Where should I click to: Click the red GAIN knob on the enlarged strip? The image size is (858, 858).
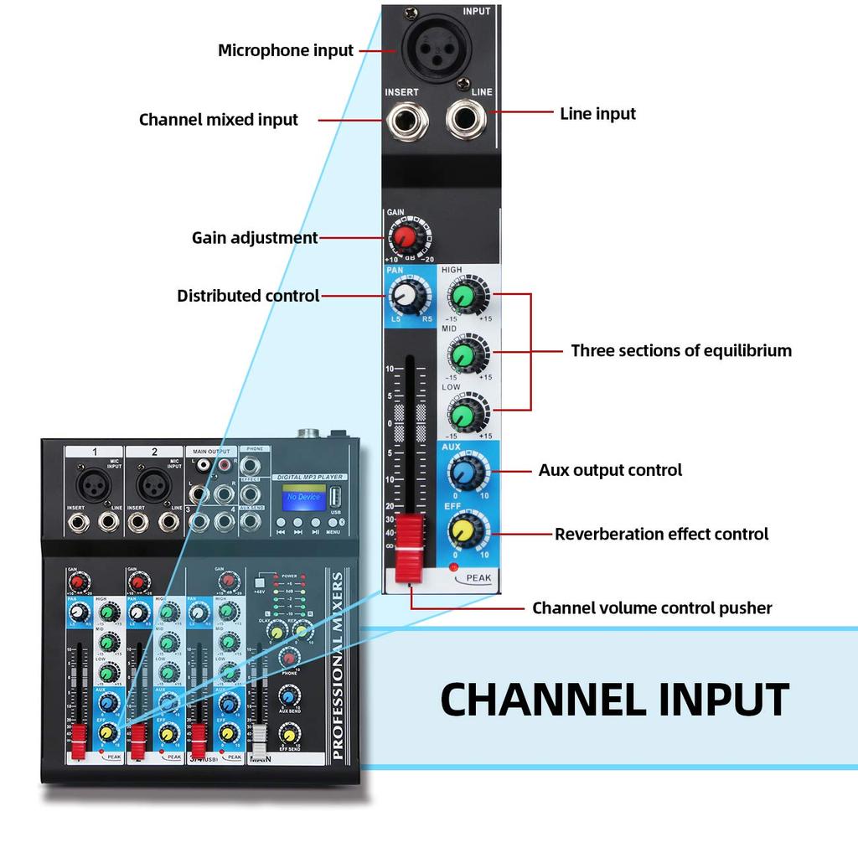tap(405, 237)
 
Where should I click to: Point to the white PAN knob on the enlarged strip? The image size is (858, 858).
tap(405, 295)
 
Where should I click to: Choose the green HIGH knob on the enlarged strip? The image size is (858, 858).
tap(463, 294)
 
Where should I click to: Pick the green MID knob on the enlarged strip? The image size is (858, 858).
tap(463, 354)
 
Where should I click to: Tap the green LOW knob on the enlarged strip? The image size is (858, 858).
tap(463, 413)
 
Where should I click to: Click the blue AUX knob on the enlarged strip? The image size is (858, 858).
tap(463, 473)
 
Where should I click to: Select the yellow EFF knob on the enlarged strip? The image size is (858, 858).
tap(463, 530)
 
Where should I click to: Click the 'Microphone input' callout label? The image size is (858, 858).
tap(286, 50)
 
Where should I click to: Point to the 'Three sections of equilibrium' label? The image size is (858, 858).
tap(680, 350)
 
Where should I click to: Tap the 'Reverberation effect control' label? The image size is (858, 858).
tap(661, 534)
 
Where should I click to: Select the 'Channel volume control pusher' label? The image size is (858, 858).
tap(652, 607)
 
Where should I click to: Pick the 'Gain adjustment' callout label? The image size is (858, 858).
tap(255, 238)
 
